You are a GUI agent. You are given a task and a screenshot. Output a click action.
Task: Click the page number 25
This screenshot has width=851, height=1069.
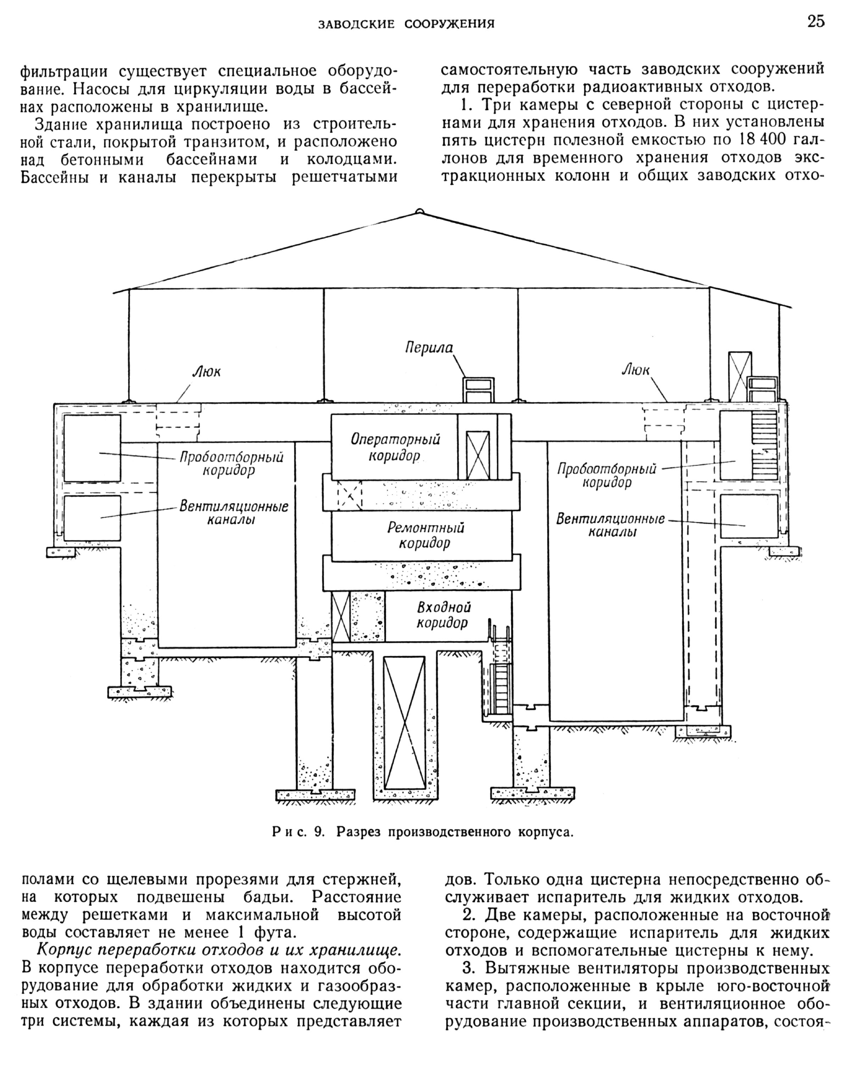pyautogui.click(x=816, y=22)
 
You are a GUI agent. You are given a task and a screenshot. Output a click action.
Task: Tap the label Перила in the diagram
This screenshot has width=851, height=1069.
pyautogui.click(x=429, y=347)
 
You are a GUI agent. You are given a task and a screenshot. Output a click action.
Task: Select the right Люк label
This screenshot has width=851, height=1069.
pyautogui.click(x=635, y=370)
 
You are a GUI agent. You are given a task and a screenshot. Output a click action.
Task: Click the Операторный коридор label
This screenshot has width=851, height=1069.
pyautogui.click(x=395, y=447)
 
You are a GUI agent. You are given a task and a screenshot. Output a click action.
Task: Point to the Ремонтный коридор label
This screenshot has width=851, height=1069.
pyautogui.click(x=425, y=535)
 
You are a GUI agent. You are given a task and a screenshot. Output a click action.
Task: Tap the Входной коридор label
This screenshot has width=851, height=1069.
pyautogui.click(x=443, y=615)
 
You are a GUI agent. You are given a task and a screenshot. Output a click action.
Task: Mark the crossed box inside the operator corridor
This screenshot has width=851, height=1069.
pyautogui.click(x=478, y=455)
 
